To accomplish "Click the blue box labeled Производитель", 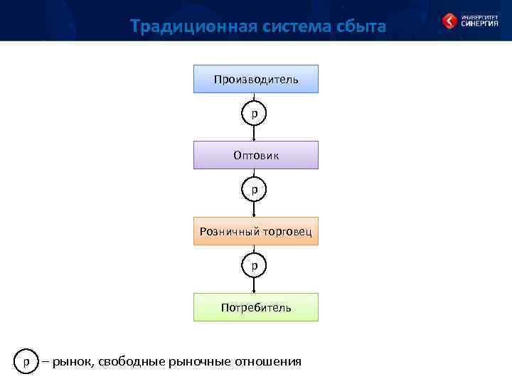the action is click(x=256, y=79).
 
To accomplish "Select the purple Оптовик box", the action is click(x=256, y=155).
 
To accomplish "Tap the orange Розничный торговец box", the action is click(x=256, y=231).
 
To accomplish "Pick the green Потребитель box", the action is click(x=256, y=307).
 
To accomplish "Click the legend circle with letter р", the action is click(x=26, y=361).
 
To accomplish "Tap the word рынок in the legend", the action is click(x=73, y=362).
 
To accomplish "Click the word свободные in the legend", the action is click(x=132, y=362).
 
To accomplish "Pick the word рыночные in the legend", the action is click(x=201, y=362).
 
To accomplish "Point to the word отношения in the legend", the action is click(x=267, y=362).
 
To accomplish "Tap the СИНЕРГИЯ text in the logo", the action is click(x=479, y=23).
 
